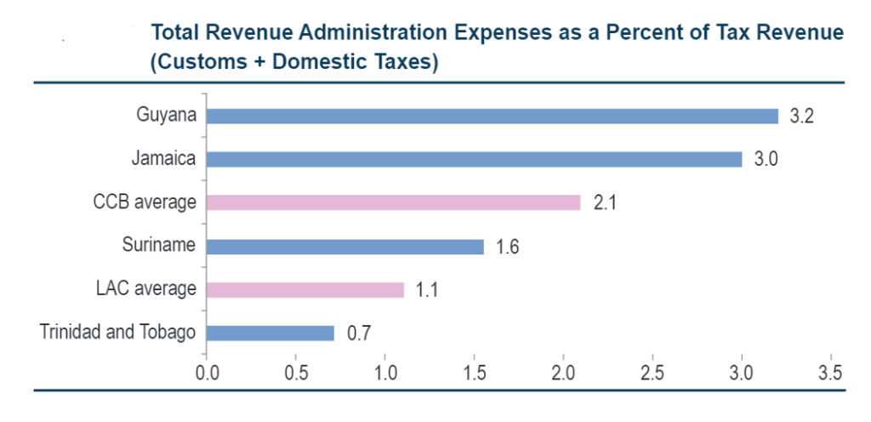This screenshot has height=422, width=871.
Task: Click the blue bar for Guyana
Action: pyautogui.click(x=492, y=116)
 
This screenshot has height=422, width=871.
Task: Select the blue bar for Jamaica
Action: pyautogui.click(x=474, y=159)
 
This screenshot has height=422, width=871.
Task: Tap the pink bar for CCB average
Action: pyautogui.click(x=393, y=202)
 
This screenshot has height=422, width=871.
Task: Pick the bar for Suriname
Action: pyautogui.click(x=344, y=246)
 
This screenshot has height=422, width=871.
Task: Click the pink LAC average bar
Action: pyautogui.click(x=305, y=289)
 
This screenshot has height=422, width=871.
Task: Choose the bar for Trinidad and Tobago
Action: pyautogui.click(x=270, y=333)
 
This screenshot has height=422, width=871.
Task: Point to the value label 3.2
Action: pyautogui.click(x=801, y=117)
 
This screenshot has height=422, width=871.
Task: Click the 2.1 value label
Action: pyautogui.click(x=605, y=203)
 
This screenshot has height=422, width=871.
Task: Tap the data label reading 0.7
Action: pyautogui.click(x=358, y=334)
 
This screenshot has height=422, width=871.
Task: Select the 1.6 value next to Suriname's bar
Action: pyautogui.click(x=507, y=247)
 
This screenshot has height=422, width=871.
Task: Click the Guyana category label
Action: pyautogui.click(x=166, y=116)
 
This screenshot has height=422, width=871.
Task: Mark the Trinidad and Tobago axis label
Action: pyautogui.click(x=117, y=333)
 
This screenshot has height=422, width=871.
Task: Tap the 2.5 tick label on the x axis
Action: pyautogui.click(x=652, y=373)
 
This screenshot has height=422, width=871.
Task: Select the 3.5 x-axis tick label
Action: pyautogui.click(x=830, y=373)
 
